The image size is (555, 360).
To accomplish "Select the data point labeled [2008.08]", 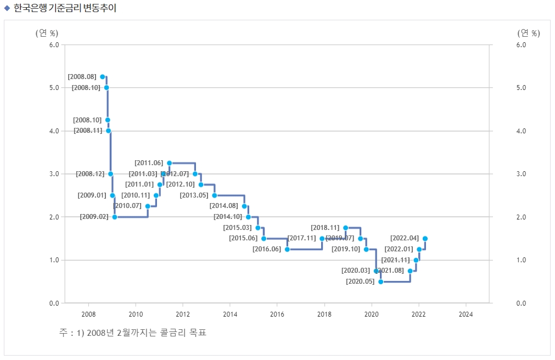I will click(103, 77).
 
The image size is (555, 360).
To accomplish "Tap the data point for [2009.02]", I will click(115, 217).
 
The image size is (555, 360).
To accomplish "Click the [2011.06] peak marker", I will click(169, 163).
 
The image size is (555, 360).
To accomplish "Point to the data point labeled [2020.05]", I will click(380, 282).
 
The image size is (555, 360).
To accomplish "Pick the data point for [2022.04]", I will click(425, 239).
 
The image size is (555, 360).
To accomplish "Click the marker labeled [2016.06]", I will click(287, 249).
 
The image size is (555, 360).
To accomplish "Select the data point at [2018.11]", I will click(345, 228).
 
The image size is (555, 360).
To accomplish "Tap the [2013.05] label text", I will click(195, 195).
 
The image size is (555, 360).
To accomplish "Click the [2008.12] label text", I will click(90, 174).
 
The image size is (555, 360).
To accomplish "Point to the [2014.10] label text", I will click(228, 217).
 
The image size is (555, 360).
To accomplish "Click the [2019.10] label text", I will click(346, 249).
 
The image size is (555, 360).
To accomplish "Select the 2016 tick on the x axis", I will click(277, 314).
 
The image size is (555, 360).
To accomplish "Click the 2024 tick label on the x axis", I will click(466, 314).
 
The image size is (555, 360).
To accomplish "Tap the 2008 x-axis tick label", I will click(88, 314).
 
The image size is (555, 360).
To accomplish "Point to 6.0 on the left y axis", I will click(54, 45).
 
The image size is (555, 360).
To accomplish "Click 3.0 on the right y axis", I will click(522, 174).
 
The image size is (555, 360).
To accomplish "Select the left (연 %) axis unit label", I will click(47, 33).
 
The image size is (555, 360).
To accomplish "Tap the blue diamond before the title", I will click(7, 8).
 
